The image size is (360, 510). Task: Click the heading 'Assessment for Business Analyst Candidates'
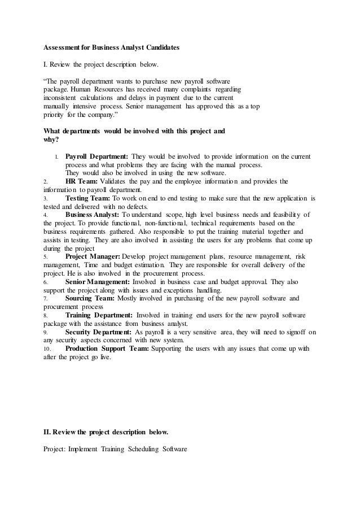coord(112,48)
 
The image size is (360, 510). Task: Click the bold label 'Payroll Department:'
coord(96,156)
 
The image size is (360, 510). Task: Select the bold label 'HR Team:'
coord(82,181)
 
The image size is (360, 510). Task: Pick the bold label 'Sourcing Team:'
coord(90,297)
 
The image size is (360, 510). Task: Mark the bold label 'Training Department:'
coord(99,315)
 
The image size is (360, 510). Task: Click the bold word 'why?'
coord(52,140)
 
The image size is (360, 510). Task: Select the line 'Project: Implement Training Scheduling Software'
coord(115,450)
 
